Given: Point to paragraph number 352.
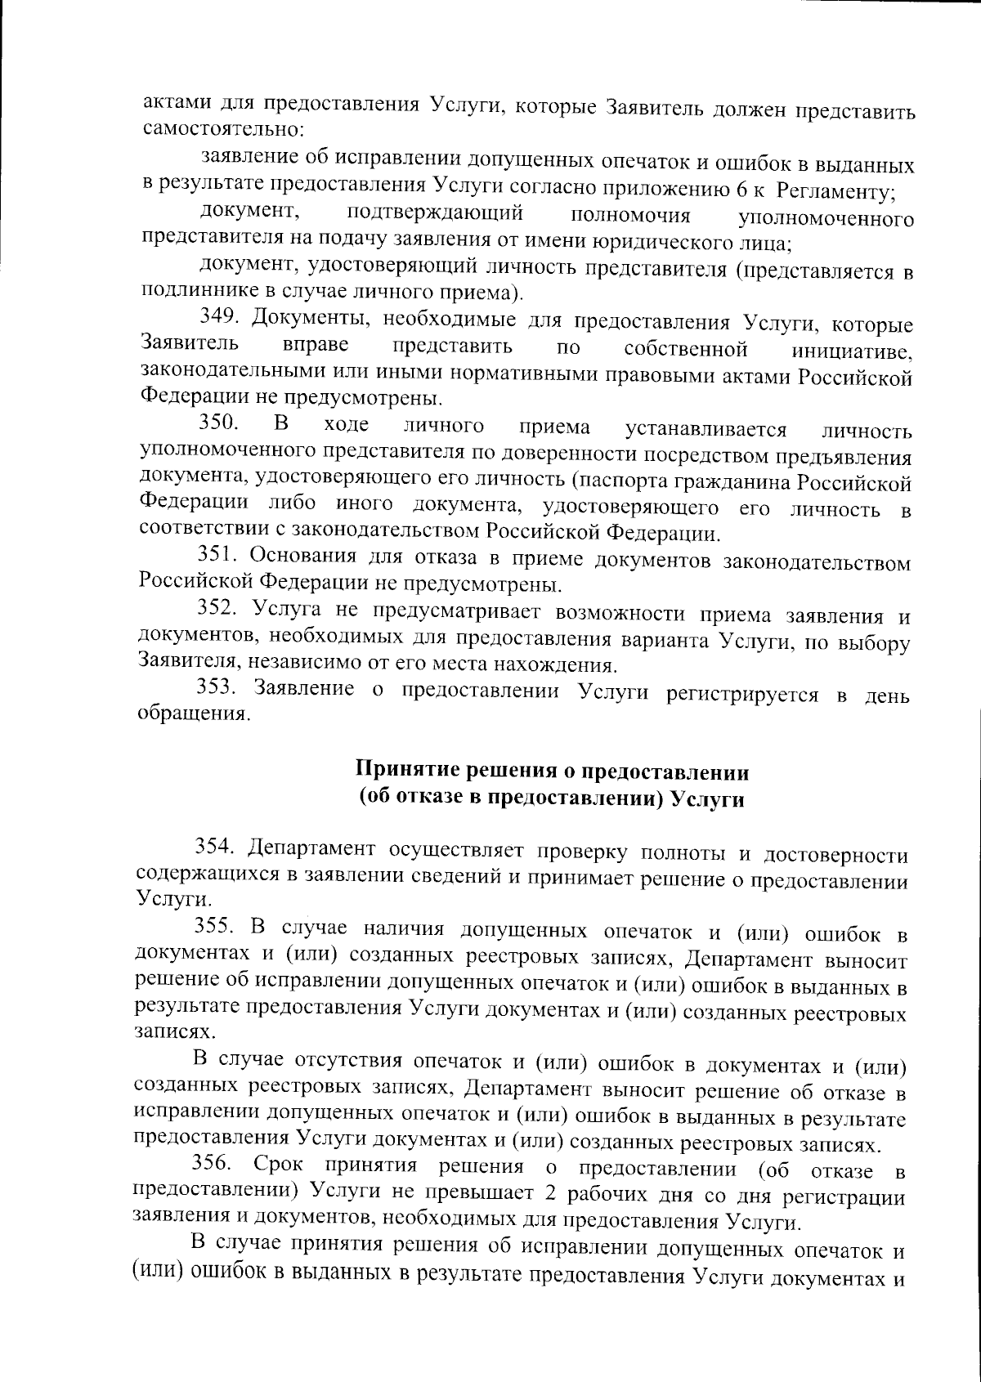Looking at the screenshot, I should click(218, 610).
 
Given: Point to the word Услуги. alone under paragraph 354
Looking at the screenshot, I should click(163, 899).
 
